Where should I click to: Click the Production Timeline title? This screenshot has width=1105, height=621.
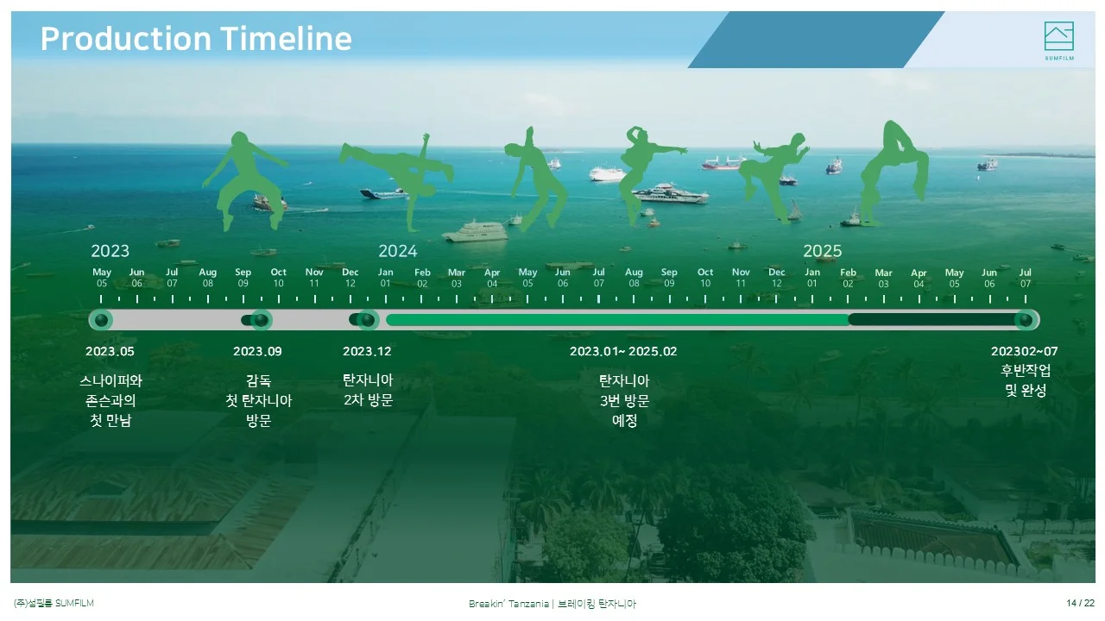[196, 39]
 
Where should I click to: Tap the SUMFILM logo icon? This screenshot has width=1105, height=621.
[1058, 36]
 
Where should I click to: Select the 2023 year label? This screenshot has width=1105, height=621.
[110, 251]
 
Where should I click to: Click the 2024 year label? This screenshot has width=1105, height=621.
[398, 251]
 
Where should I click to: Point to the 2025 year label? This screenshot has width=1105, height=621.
[823, 251]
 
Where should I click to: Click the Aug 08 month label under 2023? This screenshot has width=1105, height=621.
[208, 278]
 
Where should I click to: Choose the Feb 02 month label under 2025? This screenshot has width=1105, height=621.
[848, 278]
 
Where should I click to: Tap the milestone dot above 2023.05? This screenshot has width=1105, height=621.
[101, 320]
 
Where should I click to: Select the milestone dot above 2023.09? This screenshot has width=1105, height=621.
[261, 320]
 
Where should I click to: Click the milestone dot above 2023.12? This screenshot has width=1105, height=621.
[368, 320]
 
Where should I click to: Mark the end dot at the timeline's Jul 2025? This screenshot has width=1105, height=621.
[1026, 320]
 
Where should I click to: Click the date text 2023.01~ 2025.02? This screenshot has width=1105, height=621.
[623, 351]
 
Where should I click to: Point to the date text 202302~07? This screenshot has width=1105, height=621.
[1025, 351]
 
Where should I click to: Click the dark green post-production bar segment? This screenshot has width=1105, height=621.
[932, 320]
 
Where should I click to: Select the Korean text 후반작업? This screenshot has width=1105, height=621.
[1026, 370]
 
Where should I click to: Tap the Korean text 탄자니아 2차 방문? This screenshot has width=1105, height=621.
[368, 390]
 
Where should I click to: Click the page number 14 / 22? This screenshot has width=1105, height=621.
[1080, 603]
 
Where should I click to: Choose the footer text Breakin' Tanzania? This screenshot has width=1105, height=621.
[508, 604]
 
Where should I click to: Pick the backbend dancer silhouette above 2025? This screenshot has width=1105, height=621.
[893, 172]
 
